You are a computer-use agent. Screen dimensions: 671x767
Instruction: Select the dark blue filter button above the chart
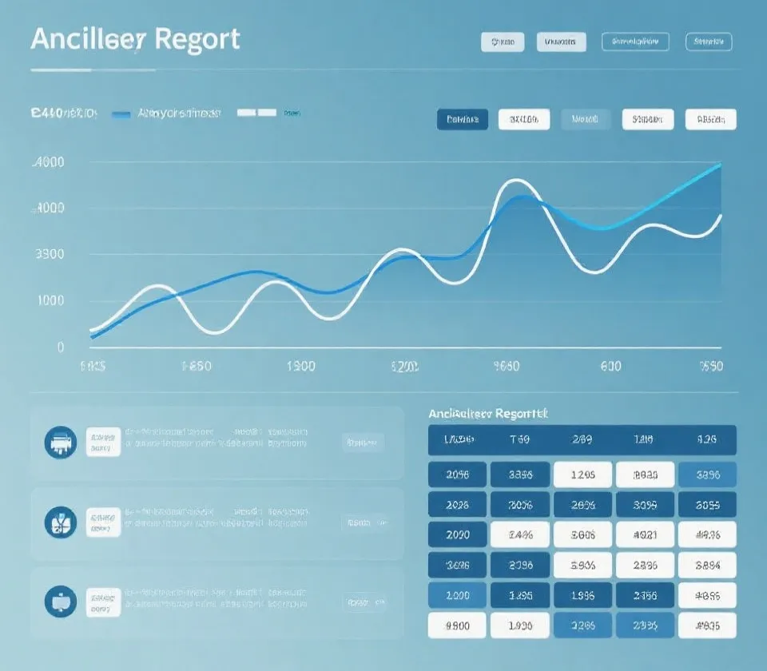tap(463, 120)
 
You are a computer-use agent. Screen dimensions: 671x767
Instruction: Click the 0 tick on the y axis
tap(60, 347)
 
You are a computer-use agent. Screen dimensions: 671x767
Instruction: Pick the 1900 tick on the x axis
tap(300, 367)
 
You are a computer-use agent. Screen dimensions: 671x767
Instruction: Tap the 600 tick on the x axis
tap(610, 367)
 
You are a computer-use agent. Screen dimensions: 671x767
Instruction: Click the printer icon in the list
tap(62, 442)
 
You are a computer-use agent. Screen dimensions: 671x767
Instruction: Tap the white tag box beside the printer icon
tap(103, 442)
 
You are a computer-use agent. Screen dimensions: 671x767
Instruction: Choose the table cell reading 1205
tap(582, 474)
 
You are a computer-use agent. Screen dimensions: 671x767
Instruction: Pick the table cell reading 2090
tap(457, 534)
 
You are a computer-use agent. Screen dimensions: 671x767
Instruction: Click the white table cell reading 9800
tap(457, 625)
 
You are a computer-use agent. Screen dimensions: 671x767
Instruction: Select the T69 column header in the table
tap(519, 440)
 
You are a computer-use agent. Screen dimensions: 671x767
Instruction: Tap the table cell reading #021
tap(644, 534)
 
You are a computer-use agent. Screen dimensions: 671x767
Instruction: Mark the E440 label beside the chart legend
tap(63, 114)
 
